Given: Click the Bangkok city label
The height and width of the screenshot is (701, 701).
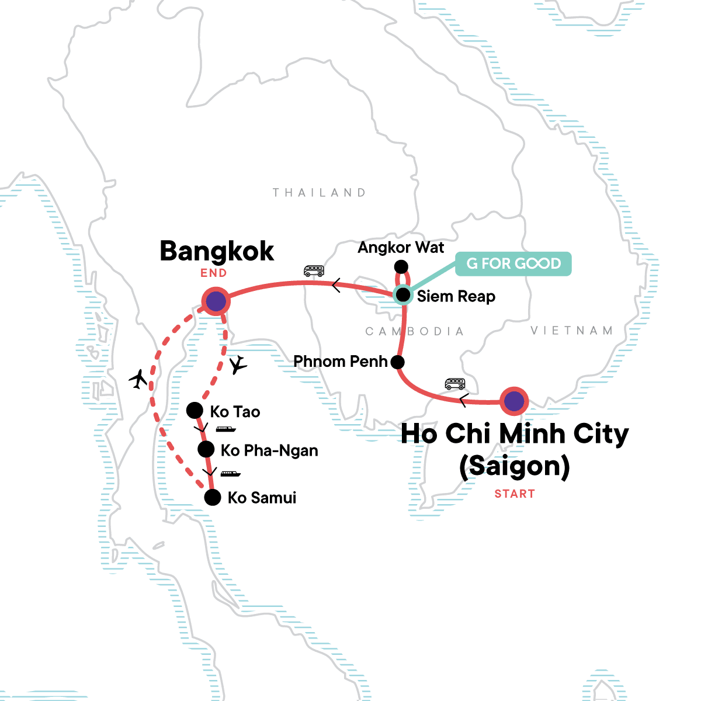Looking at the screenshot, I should pos(217,252).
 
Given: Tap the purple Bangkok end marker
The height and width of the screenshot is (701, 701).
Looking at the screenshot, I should pos(216,301).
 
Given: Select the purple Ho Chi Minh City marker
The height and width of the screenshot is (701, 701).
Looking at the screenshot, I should pos(514,401).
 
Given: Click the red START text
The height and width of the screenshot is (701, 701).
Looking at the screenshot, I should pos(515,494).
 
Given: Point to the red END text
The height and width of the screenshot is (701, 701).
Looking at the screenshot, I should pos(214,273).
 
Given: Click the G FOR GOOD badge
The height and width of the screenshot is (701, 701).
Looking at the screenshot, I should pos(513,263).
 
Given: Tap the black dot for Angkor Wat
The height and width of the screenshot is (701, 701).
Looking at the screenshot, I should pos(401,267).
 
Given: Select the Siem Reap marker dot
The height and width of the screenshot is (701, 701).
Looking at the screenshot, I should pos(403,295).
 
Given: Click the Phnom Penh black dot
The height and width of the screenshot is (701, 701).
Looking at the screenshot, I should pos(397,362).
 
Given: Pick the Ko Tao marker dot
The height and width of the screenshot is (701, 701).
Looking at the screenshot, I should pos(194,411).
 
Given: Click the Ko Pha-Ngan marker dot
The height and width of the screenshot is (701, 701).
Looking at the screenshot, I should pos(206,449).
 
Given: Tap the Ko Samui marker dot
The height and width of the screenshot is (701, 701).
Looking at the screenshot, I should pos(213,498).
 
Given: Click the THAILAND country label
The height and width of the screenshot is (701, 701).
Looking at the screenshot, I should pos(320,193).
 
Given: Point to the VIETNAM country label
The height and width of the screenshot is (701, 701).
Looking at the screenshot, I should pos(572,331).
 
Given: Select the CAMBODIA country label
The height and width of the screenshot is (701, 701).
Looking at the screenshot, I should pos(415,332).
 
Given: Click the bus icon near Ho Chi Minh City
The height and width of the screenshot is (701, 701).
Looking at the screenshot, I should pos(455,384).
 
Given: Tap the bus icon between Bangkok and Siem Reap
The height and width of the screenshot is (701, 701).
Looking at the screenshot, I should pos(314,271).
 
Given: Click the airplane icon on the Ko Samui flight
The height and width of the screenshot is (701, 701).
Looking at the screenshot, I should pos(138,379).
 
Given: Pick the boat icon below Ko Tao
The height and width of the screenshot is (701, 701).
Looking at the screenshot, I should pos(225,429).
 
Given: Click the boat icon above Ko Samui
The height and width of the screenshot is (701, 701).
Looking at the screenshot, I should pos(230,474).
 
